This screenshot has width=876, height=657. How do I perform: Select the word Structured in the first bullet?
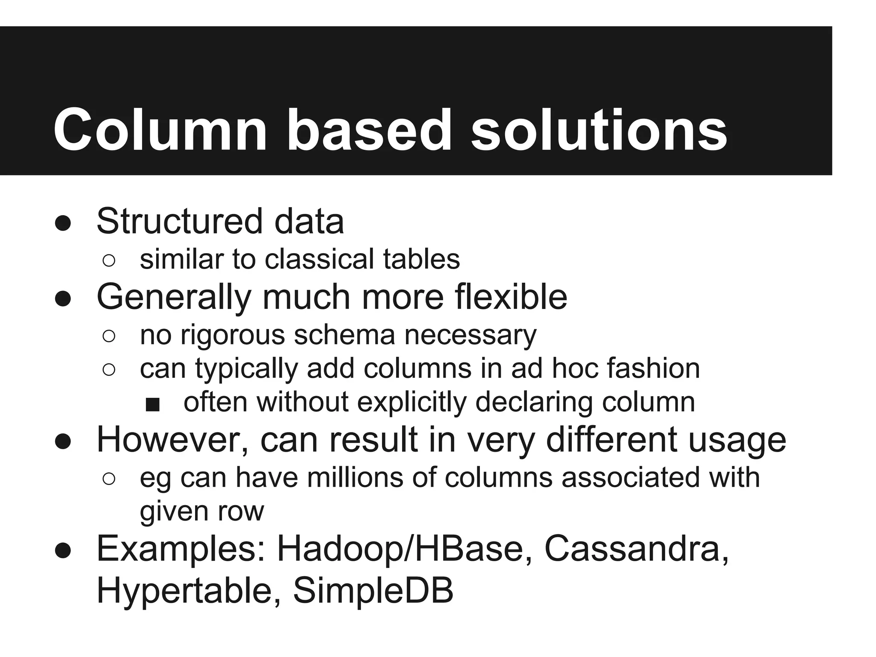[x=179, y=221]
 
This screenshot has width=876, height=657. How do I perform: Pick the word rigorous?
[x=233, y=335]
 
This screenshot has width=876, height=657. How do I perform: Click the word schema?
[x=344, y=335]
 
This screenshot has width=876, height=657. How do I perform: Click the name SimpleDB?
[x=373, y=590]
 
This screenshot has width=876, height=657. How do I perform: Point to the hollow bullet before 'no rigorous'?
[x=109, y=337]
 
